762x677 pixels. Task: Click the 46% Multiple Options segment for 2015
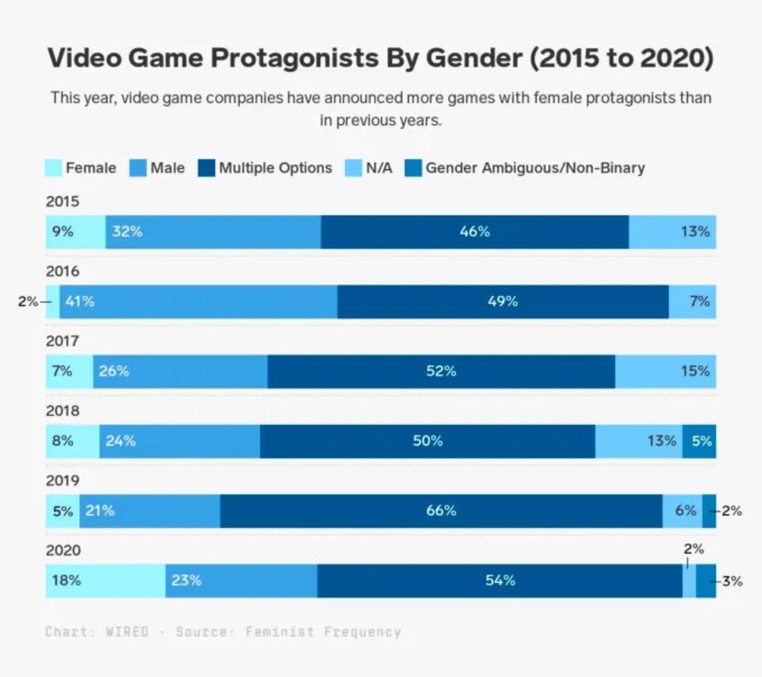pyautogui.click(x=475, y=232)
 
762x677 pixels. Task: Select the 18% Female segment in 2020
pyautogui.click(x=105, y=580)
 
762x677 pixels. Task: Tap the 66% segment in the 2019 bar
pyautogui.click(x=441, y=511)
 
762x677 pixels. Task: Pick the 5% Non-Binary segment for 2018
pyautogui.click(x=699, y=441)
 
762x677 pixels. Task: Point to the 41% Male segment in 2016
pyautogui.click(x=199, y=302)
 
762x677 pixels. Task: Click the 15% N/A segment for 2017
pyautogui.click(x=665, y=372)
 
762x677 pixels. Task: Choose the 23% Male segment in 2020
pyautogui.click(x=241, y=580)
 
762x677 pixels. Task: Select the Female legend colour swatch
pyautogui.click(x=54, y=168)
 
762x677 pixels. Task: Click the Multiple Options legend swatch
pyautogui.click(x=206, y=168)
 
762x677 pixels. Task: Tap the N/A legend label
pyautogui.click(x=379, y=168)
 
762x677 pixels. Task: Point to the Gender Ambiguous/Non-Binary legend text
pyautogui.click(x=535, y=168)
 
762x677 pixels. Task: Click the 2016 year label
pyautogui.click(x=62, y=271)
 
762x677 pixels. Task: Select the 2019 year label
pyautogui.click(x=62, y=481)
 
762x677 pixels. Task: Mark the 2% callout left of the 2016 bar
pyautogui.click(x=28, y=302)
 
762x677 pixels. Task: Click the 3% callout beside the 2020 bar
pyautogui.click(x=732, y=580)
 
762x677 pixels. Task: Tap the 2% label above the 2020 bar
pyautogui.click(x=693, y=549)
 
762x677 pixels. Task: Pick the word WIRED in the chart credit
pyautogui.click(x=127, y=632)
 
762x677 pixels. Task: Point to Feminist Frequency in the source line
pyautogui.click(x=323, y=632)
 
